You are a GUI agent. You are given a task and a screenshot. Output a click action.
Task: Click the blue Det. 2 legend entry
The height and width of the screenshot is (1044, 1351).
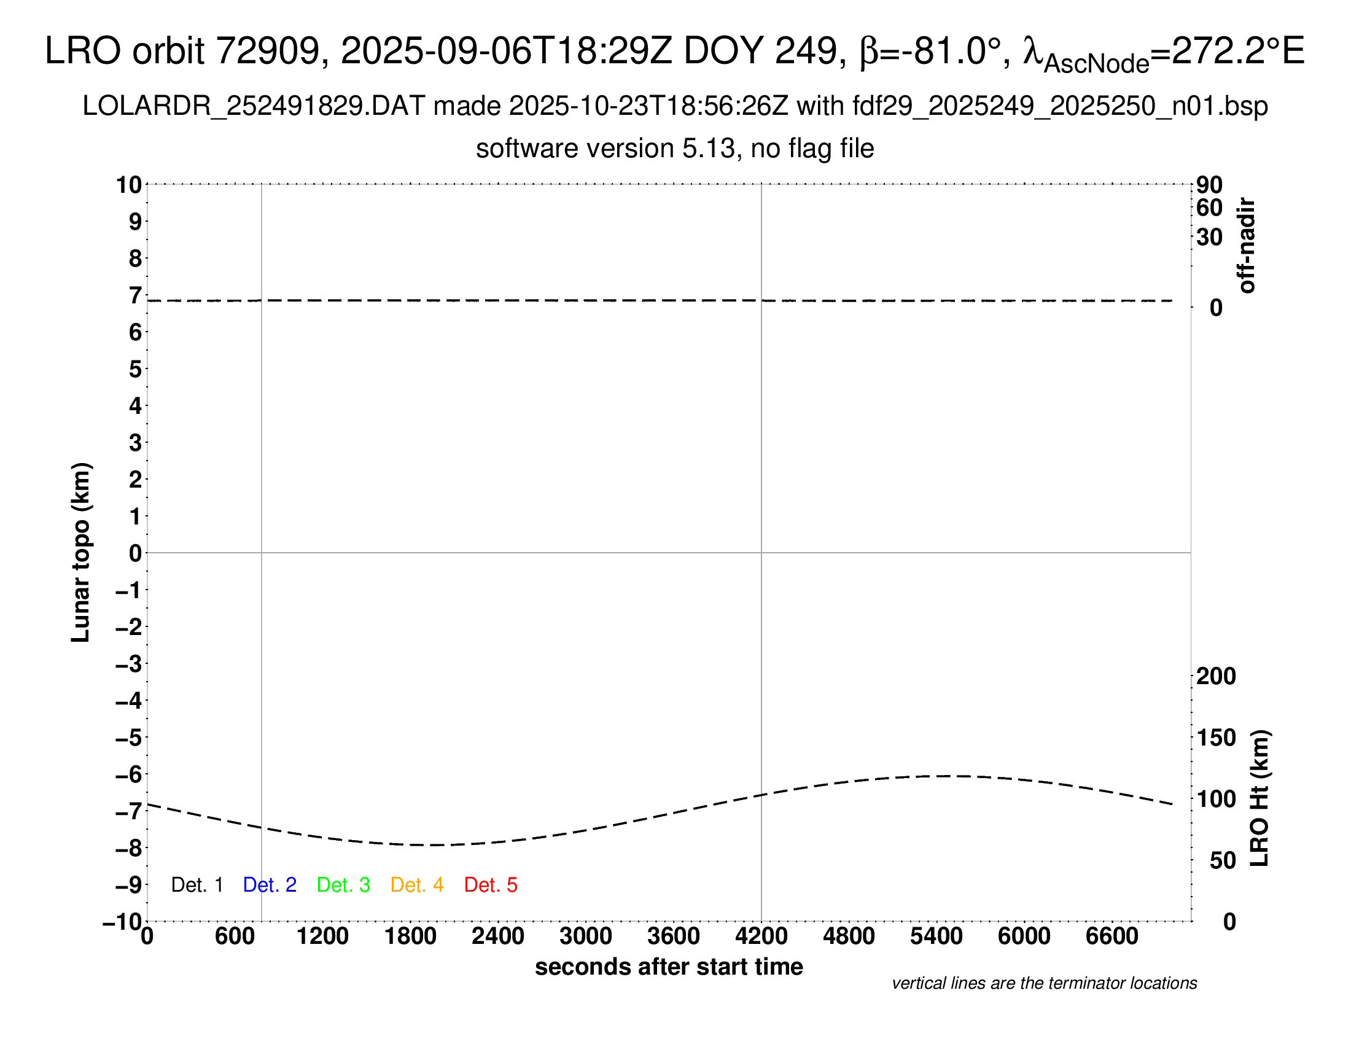tap(270, 885)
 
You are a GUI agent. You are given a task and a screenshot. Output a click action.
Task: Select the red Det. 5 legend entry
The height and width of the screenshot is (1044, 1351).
tap(491, 885)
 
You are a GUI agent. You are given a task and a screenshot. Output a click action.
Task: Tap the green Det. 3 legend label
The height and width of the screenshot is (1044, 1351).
tap(343, 885)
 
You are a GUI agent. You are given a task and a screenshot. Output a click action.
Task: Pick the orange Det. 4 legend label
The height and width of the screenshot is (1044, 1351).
tap(417, 885)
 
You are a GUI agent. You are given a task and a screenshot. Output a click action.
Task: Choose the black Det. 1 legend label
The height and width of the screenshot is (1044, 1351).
tap(197, 885)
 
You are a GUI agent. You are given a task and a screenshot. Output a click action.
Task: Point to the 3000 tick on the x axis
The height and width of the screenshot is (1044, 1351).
tap(585, 937)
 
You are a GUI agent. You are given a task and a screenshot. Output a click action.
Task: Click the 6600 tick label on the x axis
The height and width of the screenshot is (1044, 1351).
tap(1112, 937)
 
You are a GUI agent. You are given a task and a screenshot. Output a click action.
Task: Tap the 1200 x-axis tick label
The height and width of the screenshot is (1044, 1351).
tap(322, 937)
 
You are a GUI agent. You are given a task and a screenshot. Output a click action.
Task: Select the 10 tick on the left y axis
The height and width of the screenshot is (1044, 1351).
tap(130, 185)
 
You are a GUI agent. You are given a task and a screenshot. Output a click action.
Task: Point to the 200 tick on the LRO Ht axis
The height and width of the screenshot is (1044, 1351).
tap(1216, 676)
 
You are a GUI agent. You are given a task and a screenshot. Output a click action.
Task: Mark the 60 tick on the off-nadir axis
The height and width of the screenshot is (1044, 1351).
tap(1209, 208)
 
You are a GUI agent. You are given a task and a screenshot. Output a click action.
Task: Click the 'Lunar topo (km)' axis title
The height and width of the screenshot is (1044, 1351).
tap(81, 553)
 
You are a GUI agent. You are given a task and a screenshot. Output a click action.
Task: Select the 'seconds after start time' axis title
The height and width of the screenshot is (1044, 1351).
tap(669, 967)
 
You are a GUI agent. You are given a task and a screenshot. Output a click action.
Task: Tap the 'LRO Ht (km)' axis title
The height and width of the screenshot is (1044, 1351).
tap(1260, 798)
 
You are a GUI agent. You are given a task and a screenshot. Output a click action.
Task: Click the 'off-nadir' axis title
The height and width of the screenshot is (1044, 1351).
tap(1247, 246)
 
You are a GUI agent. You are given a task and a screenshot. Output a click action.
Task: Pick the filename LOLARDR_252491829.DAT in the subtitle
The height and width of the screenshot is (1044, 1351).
tap(254, 106)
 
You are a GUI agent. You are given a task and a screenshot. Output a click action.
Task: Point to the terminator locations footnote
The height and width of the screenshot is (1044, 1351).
tap(1044, 983)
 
